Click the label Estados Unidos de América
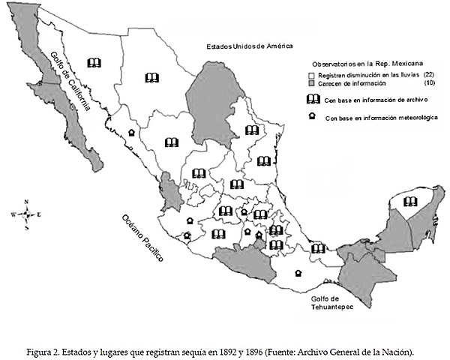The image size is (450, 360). (x=249, y=46)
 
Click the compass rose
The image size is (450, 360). (x=26, y=214)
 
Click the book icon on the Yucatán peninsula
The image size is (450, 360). (x=409, y=200)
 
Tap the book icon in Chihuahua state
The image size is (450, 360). (x=152, y=77)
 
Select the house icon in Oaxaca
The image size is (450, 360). (x=298, y=273)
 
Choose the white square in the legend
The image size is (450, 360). (x=312, y=76)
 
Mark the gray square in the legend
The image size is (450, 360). (x=312, y=85)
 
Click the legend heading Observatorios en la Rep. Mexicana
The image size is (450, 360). (x=367, y=64)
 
